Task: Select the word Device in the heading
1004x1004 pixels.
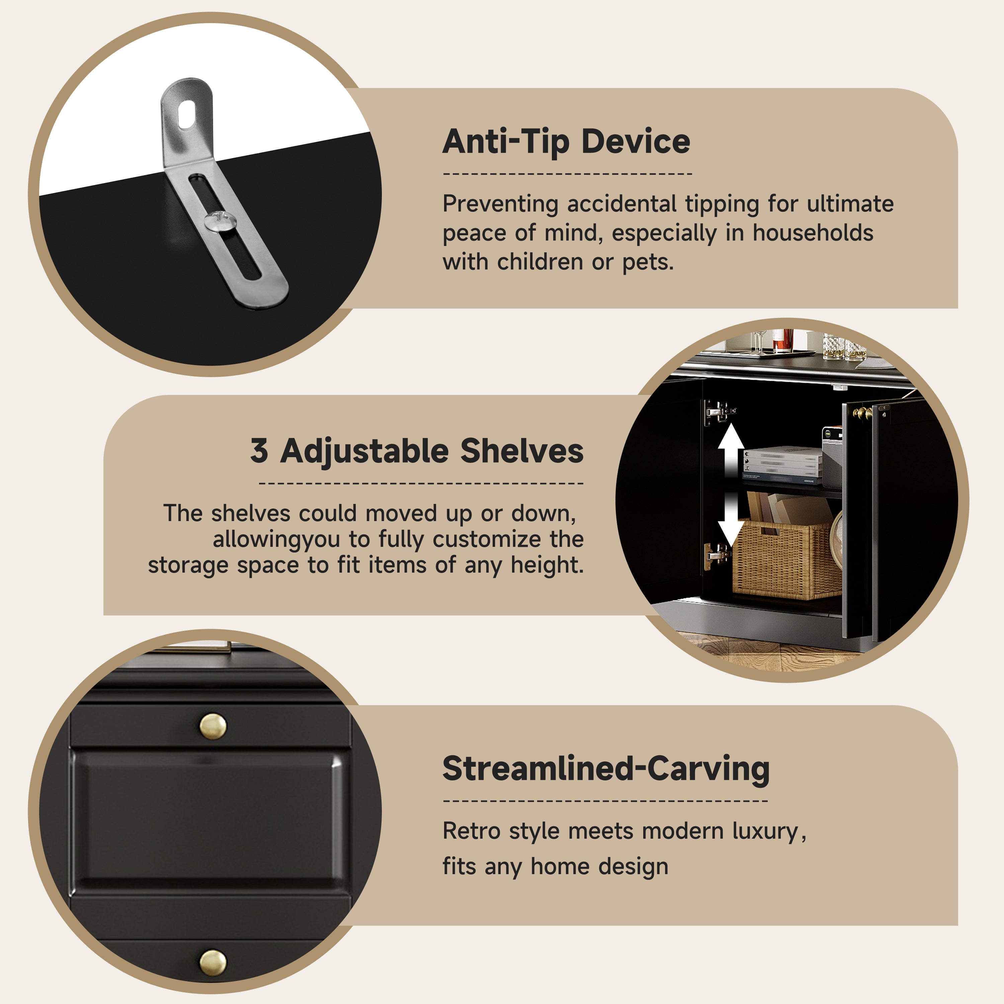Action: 636,141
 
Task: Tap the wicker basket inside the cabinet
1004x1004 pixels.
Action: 786,559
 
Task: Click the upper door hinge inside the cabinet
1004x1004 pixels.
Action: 719,412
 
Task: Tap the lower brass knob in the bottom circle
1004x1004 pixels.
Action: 213,963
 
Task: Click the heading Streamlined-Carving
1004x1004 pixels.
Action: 606,769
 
